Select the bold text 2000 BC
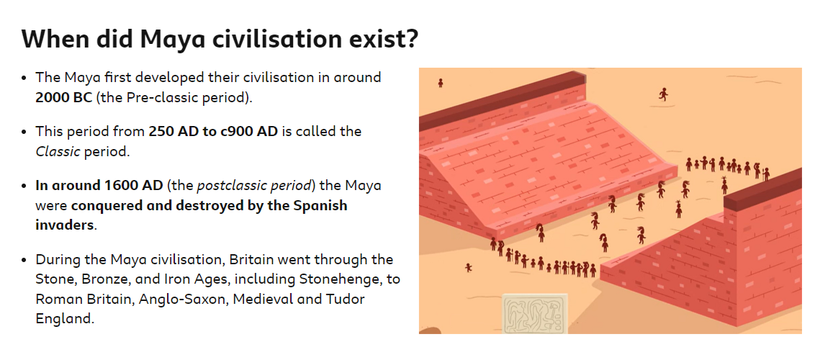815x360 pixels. [x=64, y=97]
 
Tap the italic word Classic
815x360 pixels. [x=58, y=152]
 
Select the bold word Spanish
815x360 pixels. [x=320, y=206]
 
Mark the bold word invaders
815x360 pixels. [x=66, y=225]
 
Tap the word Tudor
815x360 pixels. [x=346, y=300]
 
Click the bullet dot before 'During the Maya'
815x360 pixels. [x=24, y=260]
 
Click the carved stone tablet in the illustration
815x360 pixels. [x=535, y=313]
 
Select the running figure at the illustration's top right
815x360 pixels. [x=662, y=94]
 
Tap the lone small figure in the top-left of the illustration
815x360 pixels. [x=441, y=83]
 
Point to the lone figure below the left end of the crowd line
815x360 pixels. [x=468, y=268]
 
